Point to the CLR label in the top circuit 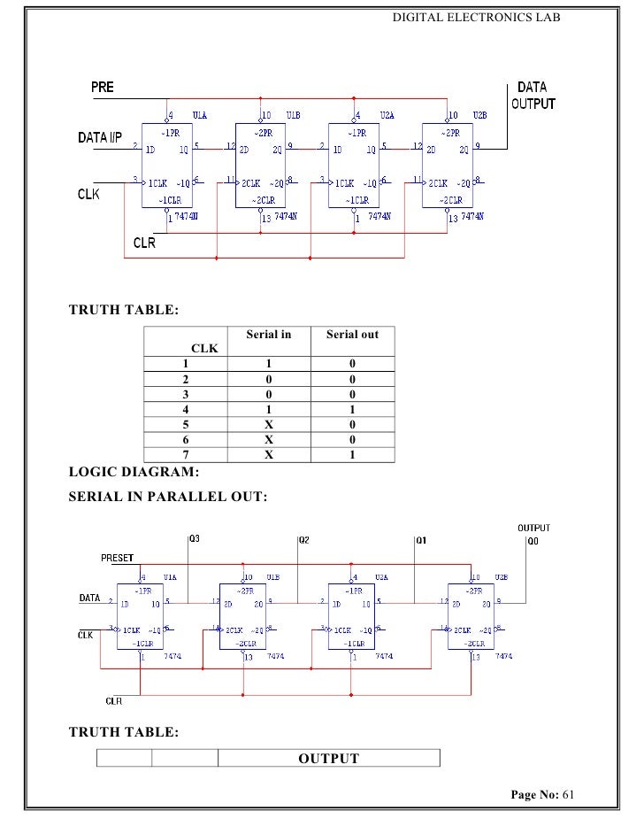coord(143,243)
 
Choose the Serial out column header coord(352,335)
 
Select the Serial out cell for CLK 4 coord(352,410)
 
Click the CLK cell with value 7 coord(186,455)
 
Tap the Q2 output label coord(303,539)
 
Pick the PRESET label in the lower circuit coord(116,558)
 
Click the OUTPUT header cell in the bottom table coord(328,759)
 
